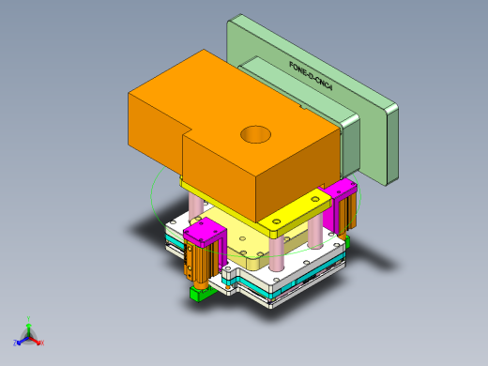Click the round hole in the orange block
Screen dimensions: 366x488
[255, 134]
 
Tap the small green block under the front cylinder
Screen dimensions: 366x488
[199, 295]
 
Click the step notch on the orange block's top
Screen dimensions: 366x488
[183, 131]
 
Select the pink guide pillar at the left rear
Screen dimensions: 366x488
[196, 204]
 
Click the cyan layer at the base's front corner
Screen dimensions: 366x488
[272, 299]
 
